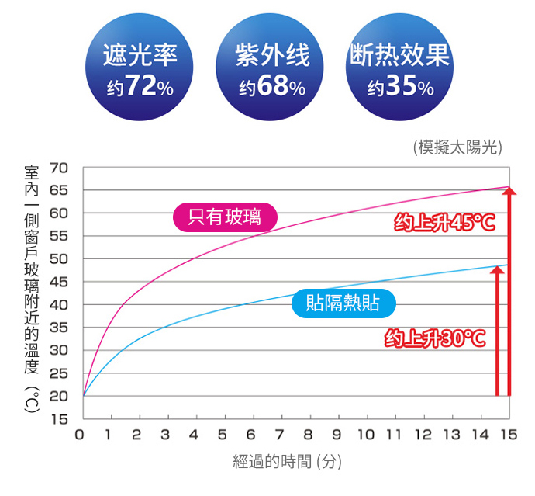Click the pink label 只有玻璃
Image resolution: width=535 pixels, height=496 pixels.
click(x=225, y=217)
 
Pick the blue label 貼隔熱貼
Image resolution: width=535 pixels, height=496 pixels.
click(x=343, y=303)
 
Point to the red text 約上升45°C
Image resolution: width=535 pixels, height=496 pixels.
click(x=444, y=224)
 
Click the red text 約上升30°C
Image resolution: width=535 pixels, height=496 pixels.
click(x=436, y=338)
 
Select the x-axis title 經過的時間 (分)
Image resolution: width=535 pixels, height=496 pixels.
click(x=286, y=462)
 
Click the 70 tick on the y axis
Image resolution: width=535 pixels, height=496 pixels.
click(x=60, y=168)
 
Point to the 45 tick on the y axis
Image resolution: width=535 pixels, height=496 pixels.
click(x=60, y=282)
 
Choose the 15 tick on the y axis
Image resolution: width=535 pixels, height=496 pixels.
click(x=60, y=419)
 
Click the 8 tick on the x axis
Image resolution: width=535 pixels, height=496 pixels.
click(x=309, y=434)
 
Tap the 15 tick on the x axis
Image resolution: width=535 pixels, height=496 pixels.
click(x=509, y=434)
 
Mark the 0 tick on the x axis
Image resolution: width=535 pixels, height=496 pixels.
click(x=81, y=434)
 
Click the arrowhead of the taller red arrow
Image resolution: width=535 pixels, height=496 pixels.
click(x=509, y=192)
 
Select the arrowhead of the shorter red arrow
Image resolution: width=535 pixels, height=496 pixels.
click(x=497, y=271)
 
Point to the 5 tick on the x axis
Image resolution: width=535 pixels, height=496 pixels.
click(x=223, y=434)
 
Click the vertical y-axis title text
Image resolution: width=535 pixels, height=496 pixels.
click(x=32, y=287)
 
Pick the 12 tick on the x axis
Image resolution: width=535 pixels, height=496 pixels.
click(x=423, y=434)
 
